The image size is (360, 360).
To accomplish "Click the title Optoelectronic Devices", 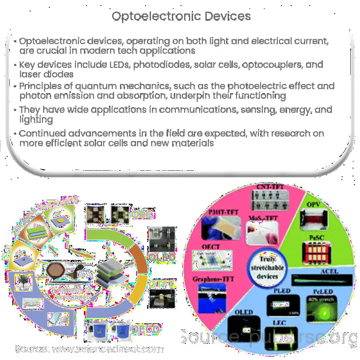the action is point(181,16).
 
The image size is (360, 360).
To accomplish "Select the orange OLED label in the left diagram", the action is point(162,258).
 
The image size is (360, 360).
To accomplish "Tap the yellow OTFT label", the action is point(162,284).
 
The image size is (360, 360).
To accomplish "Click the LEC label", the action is point(279,323).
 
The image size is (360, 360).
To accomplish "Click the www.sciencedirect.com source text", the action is point(108,348).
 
